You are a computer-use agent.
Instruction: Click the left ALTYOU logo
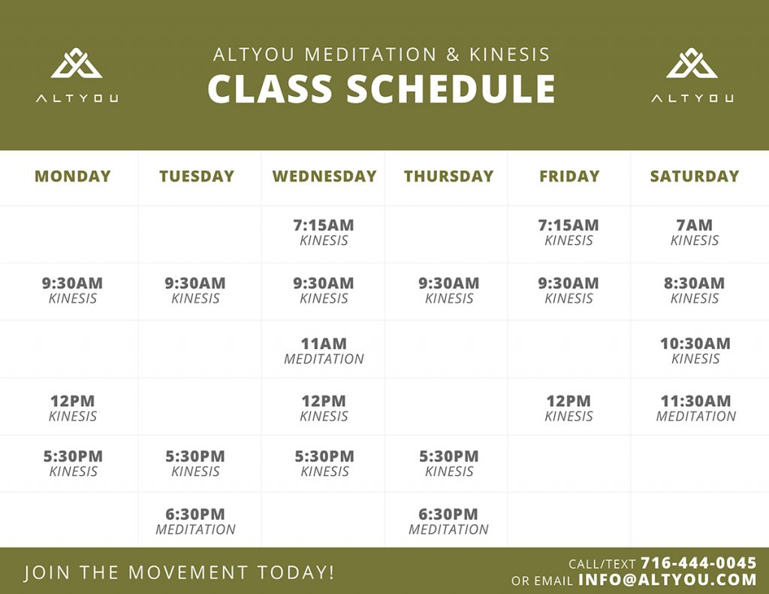click(x=77, y=74)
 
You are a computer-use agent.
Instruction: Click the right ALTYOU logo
click(x=692, y=74)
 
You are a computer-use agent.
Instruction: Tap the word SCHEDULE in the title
click(x=451, y=89)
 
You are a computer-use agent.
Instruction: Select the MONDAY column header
click(x=73, y=176)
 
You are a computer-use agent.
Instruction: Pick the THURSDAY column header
click(x=448, y=176)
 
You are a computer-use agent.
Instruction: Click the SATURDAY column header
click(x=695, y=176)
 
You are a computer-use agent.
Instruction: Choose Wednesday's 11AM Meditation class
click(x=324, y=350)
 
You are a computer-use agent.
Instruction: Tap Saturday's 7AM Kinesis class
click(x=695, y=232)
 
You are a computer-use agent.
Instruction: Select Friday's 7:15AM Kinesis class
click(x=568, y=232)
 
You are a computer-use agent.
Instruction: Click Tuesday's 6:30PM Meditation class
click(x=195, y=521)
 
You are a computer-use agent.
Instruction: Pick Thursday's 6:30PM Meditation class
click(x=448, y=521)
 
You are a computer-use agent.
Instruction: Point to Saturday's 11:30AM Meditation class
click(x=696, y=408)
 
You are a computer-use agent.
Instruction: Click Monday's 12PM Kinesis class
click(x=73, y=408)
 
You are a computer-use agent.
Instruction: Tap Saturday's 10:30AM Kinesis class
click(x=695, y=350)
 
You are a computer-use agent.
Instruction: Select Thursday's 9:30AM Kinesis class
click(x=449, y=290)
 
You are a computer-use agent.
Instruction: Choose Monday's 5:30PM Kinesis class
click(x=73, y=463)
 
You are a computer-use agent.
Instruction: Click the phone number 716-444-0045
click(x=698, y=562)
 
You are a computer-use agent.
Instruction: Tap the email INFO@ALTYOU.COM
click(x=668, y=580)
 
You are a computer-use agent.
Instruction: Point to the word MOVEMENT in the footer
click(x=188, y=572)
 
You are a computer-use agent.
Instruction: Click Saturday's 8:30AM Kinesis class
click(x=695, y=290)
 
